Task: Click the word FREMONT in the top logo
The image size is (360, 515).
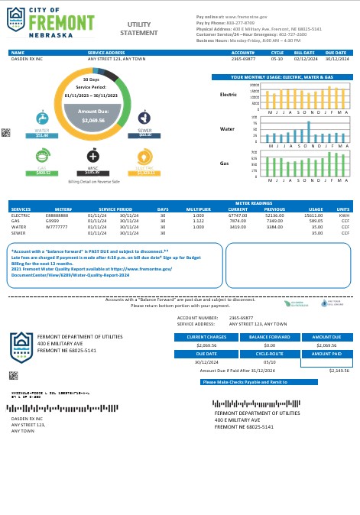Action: (x=62, y=22)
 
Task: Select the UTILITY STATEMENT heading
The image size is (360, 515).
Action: (x=139, y=29)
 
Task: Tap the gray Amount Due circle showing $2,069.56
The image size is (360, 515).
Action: (x=92, y=118)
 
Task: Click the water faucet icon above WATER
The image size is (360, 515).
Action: (x=42, y=118)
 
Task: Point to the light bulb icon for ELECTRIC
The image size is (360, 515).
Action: (x=143, y=156)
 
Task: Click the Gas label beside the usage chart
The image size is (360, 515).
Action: (x=225, y=164)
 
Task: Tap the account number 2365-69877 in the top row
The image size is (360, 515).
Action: (x=243, y=58)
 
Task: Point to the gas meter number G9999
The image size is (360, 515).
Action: (x=52, y=221)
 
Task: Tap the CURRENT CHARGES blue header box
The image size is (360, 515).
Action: (x=206, y=336)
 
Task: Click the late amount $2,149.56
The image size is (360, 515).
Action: (x=338, y=370)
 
